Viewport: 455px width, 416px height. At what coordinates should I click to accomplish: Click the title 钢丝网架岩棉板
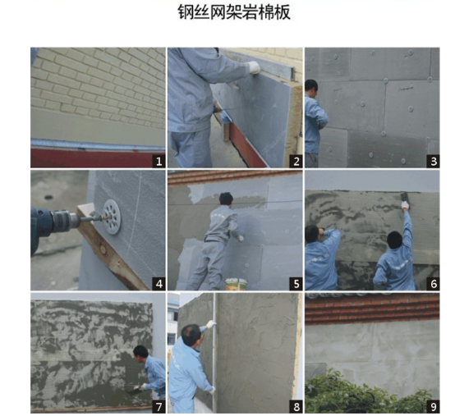pos(234,12)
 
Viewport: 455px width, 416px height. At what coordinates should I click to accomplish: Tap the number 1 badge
pos(159,161)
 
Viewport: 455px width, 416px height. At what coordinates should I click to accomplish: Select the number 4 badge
pos(159,284)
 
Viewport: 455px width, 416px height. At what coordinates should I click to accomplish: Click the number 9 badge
pos(434,407)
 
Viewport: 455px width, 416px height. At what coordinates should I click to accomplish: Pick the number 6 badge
pos(434,284)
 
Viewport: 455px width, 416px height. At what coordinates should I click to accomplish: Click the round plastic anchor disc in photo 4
pos(112,217)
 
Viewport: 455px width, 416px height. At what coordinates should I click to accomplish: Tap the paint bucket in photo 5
pos(237,284)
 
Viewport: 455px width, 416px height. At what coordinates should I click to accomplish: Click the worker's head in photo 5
pos(226,199)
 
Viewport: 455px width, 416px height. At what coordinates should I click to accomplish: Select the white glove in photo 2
pos(254,67)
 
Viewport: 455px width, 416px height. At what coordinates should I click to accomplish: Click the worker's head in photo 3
pos(311,87)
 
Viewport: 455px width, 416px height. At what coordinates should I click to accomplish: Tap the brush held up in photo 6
pos(403,196)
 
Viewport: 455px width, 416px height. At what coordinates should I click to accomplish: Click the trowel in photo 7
pos(133,391)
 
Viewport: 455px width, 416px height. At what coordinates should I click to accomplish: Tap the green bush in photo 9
pos(369,393)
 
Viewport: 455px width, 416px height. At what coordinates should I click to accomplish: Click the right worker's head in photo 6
pos(395,240)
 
